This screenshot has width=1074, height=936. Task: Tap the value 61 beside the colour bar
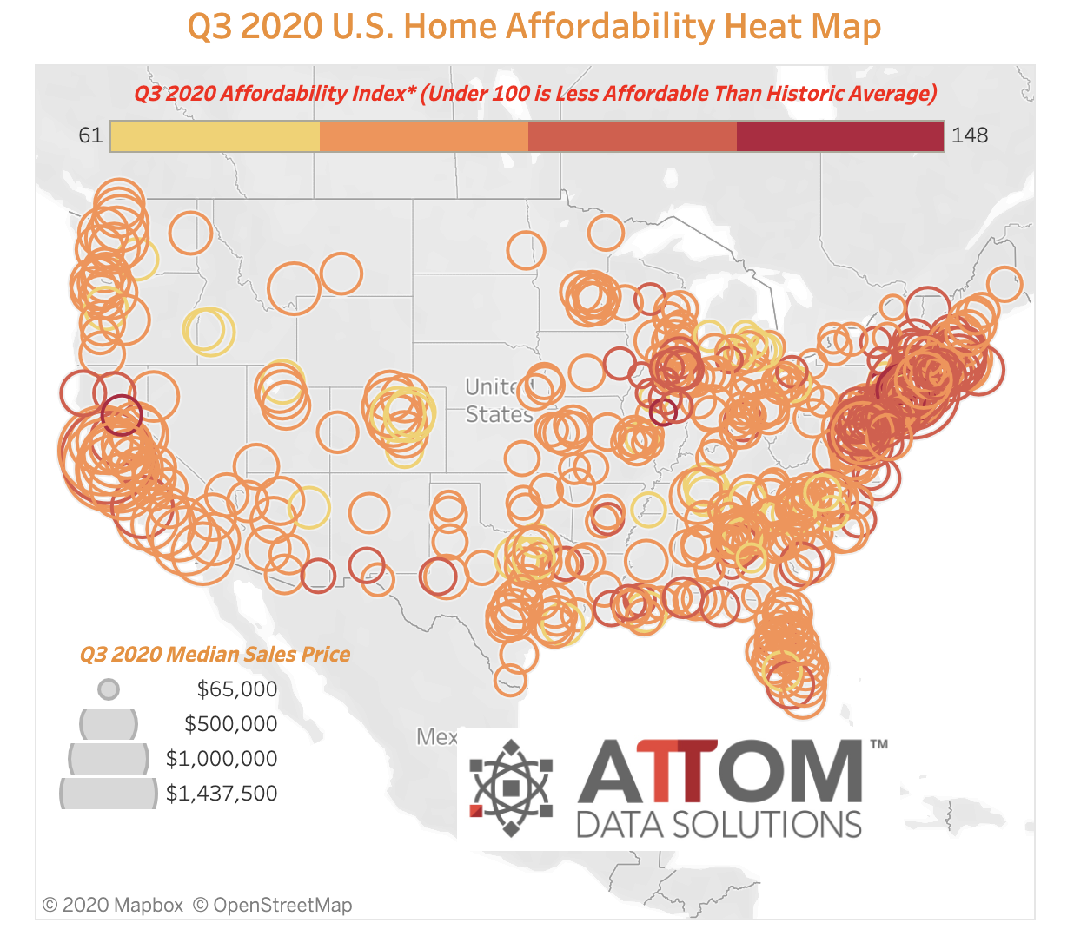tap(90, 135)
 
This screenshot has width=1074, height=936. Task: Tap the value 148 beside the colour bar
tap(970, 135)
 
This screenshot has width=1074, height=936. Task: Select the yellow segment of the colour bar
tap(215, 136)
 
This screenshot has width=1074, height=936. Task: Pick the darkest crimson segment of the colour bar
tap(840, 136)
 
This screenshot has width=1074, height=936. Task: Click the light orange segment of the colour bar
tap(424, 136)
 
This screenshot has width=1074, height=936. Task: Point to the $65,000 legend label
tap(236, 689)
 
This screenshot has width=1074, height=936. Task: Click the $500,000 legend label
tap(230, 723)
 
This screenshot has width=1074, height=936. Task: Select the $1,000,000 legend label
tap(221, 758)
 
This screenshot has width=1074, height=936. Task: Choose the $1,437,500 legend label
tap(221, 793)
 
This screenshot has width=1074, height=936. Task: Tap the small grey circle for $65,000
tap(109, 689)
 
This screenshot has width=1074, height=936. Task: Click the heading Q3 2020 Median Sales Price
tap(215, 655)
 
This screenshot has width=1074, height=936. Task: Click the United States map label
tap(499, 400)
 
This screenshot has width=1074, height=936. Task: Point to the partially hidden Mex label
tap(436, 737)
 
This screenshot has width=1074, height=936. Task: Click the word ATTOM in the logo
tap(719, 771)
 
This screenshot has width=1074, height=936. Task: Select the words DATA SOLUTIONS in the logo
tap(719, 825)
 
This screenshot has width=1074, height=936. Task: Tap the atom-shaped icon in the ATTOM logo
tap(511, 788)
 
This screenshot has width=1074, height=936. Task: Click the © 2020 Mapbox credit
tap(113, 905)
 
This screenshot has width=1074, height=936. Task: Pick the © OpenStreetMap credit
tap(273, 905)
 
